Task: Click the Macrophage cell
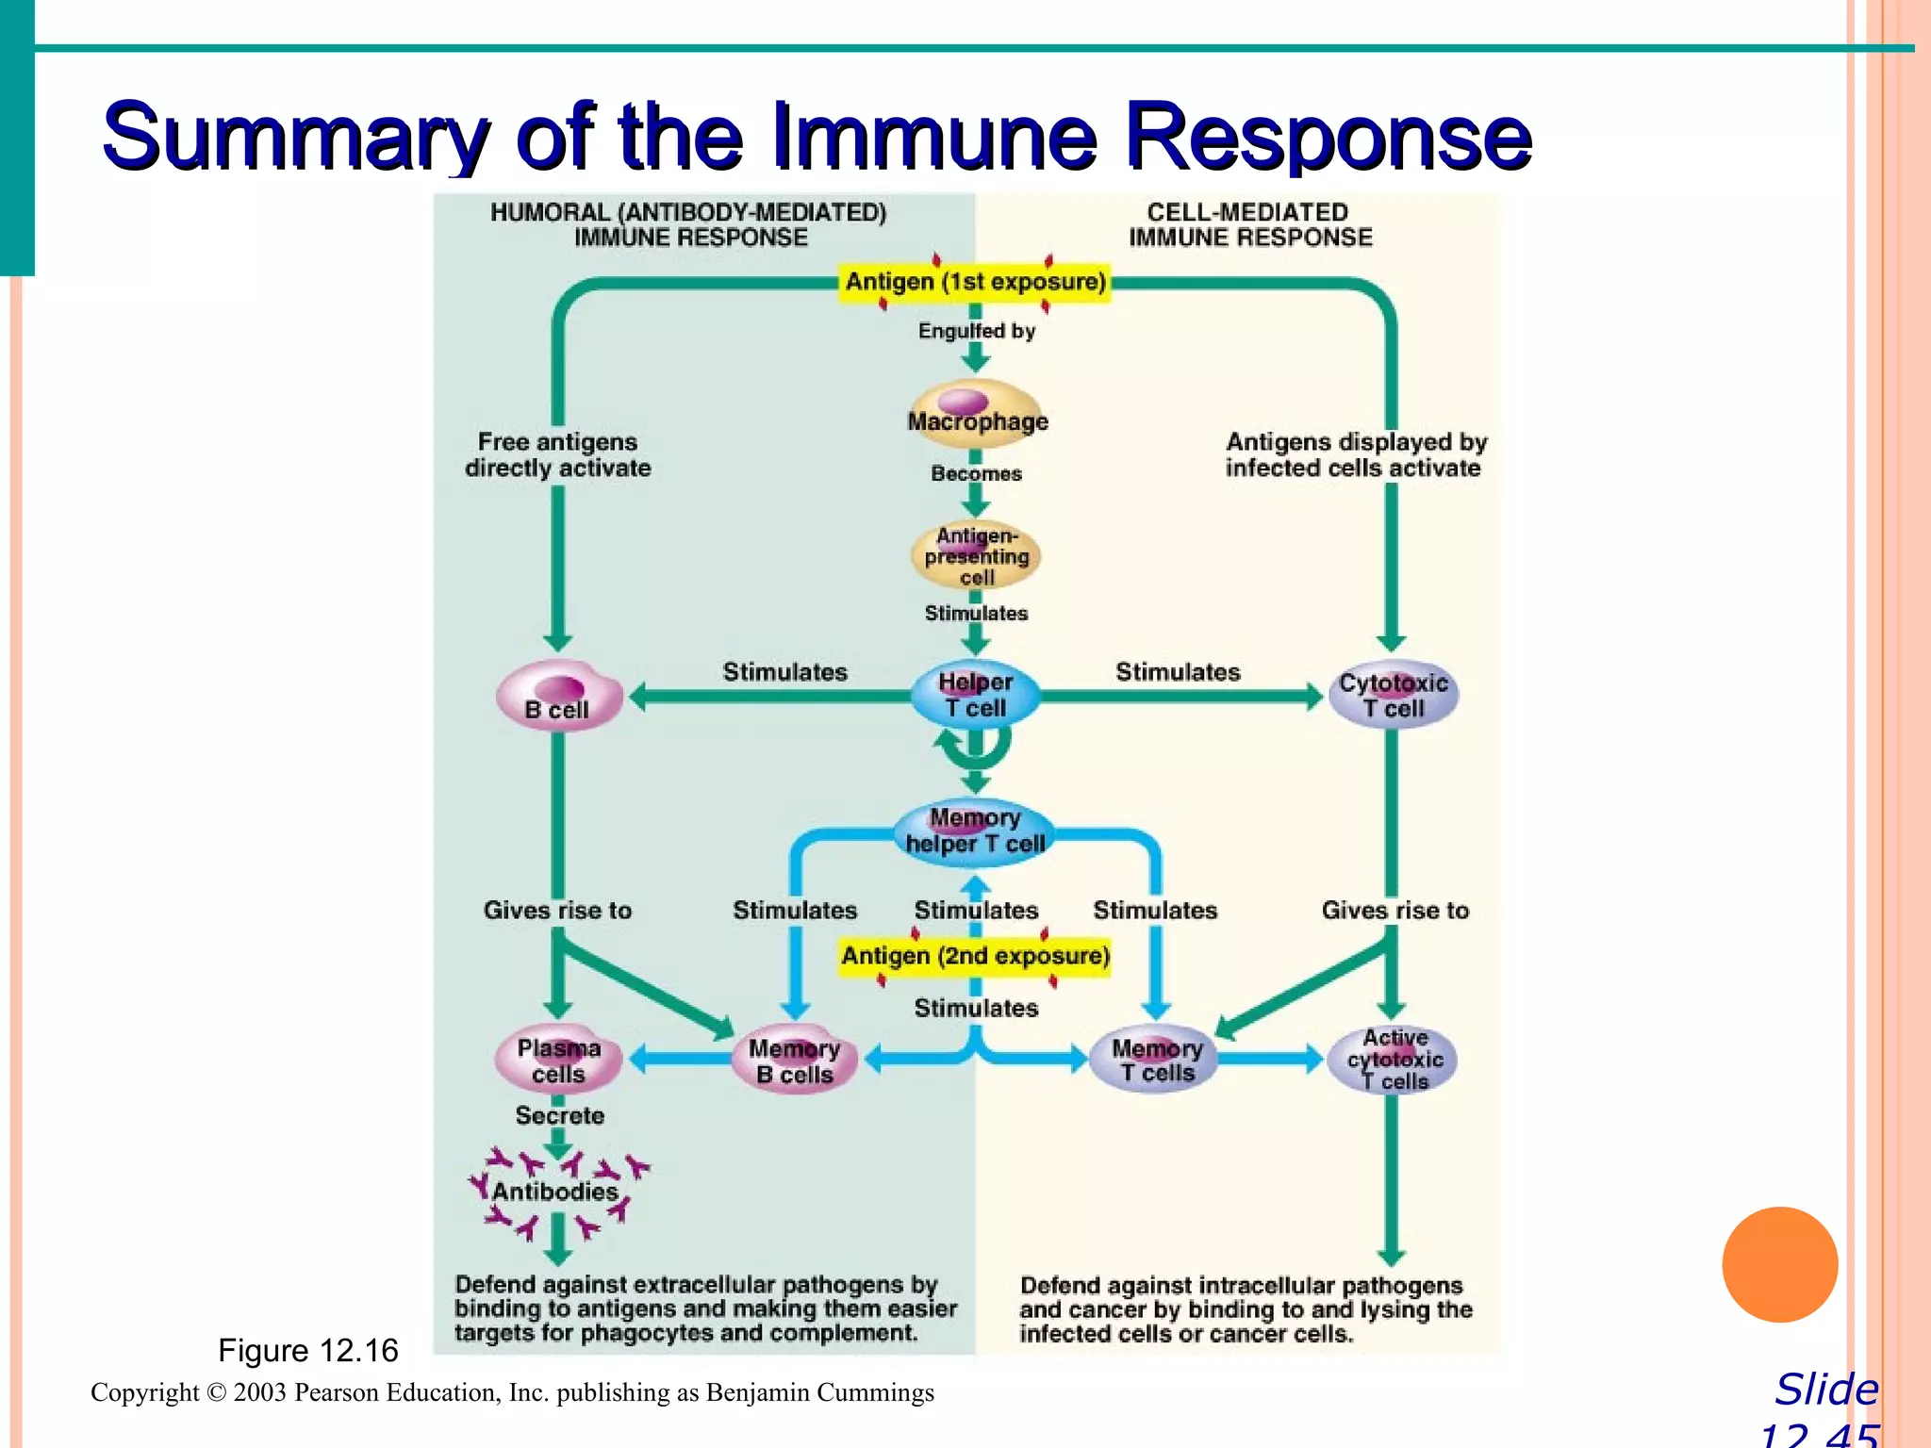(977, 415)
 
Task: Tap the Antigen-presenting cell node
(977, 555)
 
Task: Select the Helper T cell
(976, 695)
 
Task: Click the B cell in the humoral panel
(559, 697)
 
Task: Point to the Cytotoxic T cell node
(1393, 695)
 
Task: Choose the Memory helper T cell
(975, 831)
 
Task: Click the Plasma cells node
(558, 1061)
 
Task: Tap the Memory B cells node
(794, 1061)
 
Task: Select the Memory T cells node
(1156, 1060)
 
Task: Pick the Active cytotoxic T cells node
(1394, 1060)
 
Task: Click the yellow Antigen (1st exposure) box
(975, 282)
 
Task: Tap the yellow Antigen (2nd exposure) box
(975, 956)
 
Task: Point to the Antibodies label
(554, 1192)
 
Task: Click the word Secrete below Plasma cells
(559, 1115)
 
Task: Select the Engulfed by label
(977, 331)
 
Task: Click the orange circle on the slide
(1779, 1264)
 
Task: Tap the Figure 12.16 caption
(308, 1351)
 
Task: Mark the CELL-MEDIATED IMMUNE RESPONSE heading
(1249, 225)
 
